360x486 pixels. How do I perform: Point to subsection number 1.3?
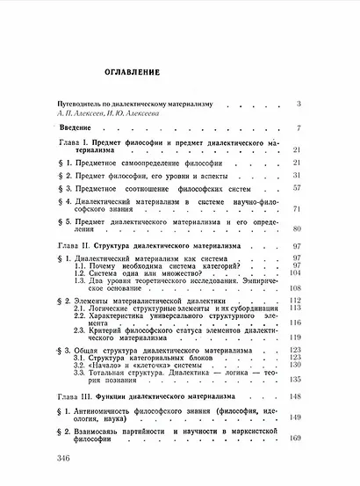tap(81, 280)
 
